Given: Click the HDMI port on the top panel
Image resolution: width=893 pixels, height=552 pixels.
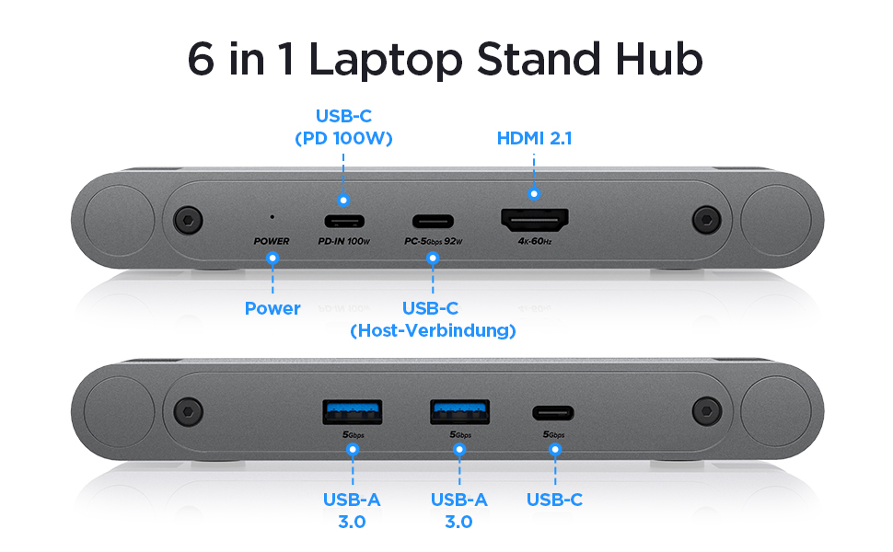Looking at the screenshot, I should [x=534, y=221].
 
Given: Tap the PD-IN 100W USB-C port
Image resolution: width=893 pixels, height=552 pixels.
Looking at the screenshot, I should [x=343, y=222].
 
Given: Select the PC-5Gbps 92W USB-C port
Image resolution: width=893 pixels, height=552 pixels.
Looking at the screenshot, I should [x=433, y=222].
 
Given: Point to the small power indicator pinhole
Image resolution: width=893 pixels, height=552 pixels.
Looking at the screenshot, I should [x=272, y=218].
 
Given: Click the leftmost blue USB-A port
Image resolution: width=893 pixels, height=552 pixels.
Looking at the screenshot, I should [x=351, y=410].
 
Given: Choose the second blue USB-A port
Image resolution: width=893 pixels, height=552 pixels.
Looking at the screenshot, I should [x=459, y=410].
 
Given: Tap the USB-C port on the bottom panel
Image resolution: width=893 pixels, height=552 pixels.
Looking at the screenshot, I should [x=554, y=412].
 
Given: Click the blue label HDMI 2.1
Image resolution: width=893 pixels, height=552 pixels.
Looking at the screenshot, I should [x=535, y=139].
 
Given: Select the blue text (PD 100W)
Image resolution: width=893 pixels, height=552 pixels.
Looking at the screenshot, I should [x=343, y=140].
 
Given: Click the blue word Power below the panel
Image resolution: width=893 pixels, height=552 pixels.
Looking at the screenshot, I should [x=273, y=309].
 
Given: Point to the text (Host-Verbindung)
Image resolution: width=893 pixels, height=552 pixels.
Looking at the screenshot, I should [x=433, y=330].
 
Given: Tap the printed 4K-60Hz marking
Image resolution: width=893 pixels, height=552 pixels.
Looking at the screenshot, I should [x=534, y=242].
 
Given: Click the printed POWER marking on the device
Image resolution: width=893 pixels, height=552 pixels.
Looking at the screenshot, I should [x=272, y=242].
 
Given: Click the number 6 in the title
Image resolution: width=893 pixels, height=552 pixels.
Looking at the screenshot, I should [x=202, y=58].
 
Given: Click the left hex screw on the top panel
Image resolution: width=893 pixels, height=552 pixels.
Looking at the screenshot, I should [x=189, y=220].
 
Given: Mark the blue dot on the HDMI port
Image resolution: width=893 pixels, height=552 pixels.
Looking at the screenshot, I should [x=534, y=194].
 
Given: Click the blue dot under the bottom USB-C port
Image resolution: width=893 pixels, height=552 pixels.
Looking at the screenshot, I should [x=554, y=450].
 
